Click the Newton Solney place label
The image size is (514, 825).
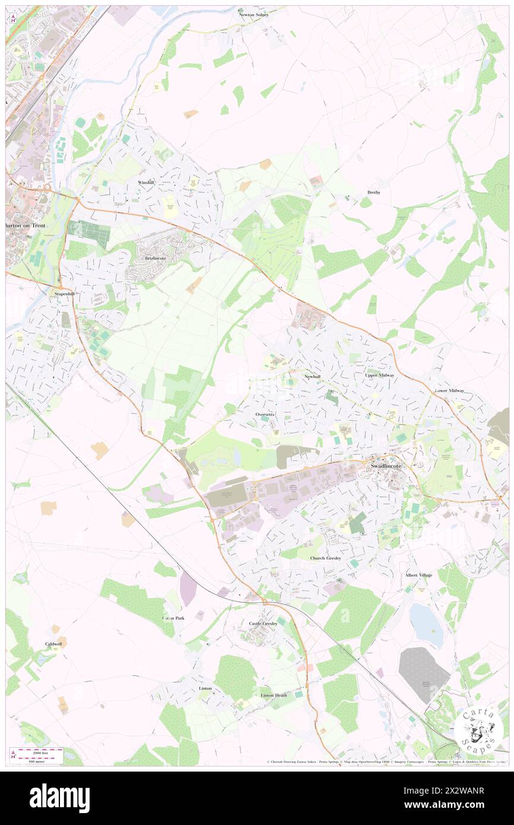coord(253,14)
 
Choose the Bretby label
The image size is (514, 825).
coord(373,192)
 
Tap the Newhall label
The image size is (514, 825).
coord(312,377)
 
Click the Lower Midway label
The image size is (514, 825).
coord(449,391)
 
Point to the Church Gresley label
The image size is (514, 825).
coord(326,559)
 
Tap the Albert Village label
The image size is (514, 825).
coord(418,575)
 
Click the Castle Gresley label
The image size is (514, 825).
coord(263,624)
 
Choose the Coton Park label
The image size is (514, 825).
coord(173,618)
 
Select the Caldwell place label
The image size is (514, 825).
coord(53,644)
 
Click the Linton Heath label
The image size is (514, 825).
coord(274,695)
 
